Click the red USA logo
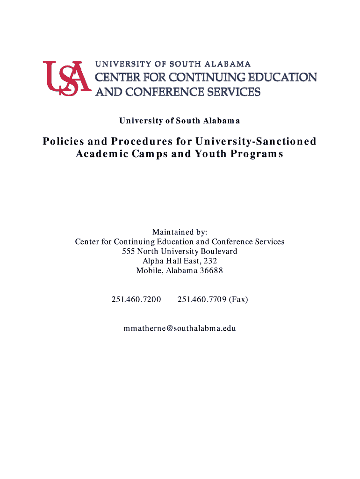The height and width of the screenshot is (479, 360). pos(65,77)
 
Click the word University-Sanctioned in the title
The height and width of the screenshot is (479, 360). pos(256,141)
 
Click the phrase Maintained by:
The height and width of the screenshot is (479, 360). pos(180,232)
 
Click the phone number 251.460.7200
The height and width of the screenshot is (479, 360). pos(136,299)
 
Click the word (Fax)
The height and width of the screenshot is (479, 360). pos(238,299)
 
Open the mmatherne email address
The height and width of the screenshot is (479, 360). pos(180,328)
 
